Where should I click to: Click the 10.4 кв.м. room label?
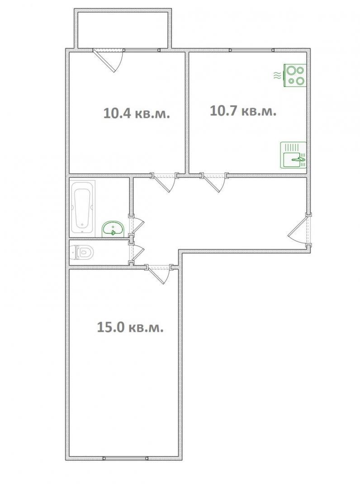137,113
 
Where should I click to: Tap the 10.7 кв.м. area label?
243,111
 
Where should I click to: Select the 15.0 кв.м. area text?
130,327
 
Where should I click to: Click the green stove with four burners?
295,75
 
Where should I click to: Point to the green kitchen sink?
294,155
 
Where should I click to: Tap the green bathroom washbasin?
113,229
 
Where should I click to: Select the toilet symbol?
82,252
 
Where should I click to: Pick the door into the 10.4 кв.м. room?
165,183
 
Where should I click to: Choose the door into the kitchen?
215,183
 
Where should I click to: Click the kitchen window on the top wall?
252,50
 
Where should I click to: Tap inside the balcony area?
123,30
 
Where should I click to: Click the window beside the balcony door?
142,50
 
